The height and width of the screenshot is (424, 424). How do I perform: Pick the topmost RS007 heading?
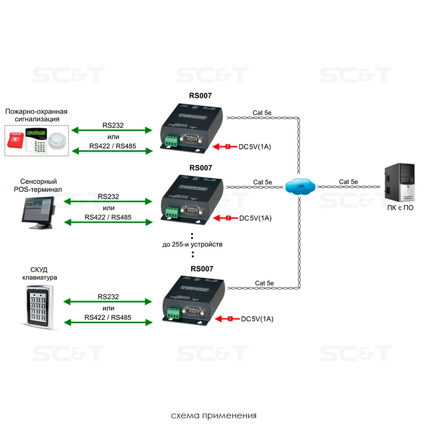pyautogui.click(x=200, y=95)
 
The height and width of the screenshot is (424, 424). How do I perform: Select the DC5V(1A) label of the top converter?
pyautogui.click(x=255, y=147)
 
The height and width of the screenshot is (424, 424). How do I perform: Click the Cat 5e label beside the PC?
pyautogui.click(x=348, y=181)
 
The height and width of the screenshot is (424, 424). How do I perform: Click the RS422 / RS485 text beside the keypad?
pyautogui.click(x=108, y=318)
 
